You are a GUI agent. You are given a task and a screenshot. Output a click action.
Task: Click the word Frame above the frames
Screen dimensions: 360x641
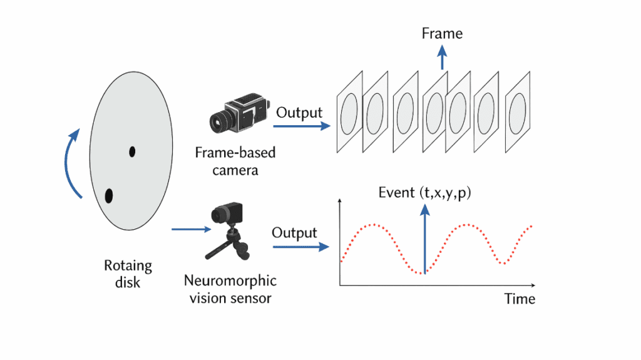tap(443, 33)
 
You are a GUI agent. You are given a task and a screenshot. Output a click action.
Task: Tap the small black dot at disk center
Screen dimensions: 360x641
tap(132, 151)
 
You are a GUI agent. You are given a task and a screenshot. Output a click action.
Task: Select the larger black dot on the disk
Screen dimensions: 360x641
tap(108, 196)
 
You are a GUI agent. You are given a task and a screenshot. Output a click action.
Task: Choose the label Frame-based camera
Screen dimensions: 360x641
tap(235, 161)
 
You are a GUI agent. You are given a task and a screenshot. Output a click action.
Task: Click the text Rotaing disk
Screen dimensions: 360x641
tap(128, 274)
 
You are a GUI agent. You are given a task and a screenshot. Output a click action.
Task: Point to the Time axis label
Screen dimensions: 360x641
tap(520, 299)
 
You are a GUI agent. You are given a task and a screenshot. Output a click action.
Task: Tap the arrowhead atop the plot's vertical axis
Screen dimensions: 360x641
tap(339, 202)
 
